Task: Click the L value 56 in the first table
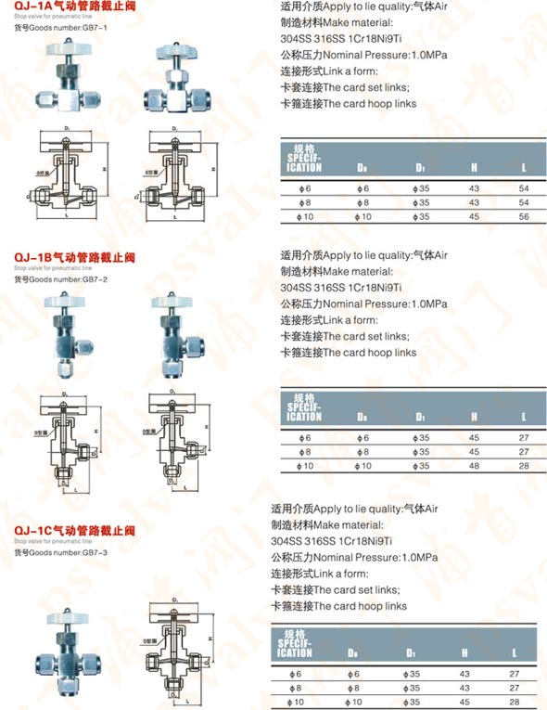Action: point(524,216)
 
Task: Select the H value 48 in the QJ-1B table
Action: point(474,464)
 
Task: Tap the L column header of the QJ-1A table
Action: point(524,168)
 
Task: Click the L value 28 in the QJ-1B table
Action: point(524,464)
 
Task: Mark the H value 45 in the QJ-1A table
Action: point(474,216)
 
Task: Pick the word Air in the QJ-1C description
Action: point(426,510)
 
